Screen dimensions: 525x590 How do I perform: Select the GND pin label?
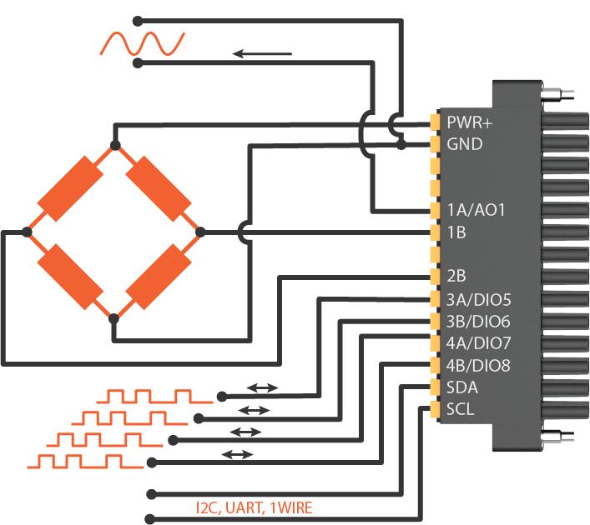[465, 144]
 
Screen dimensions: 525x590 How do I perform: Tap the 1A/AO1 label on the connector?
[477, 211]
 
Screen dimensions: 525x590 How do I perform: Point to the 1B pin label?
[456, 232]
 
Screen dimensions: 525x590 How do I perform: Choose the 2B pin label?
[457, 277]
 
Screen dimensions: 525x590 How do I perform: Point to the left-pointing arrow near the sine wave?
[262, 54]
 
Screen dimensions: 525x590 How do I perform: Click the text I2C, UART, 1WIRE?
[254, 507]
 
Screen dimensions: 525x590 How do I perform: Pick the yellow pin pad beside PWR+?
[435, 122]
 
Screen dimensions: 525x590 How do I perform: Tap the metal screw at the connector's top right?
[558, 93]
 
